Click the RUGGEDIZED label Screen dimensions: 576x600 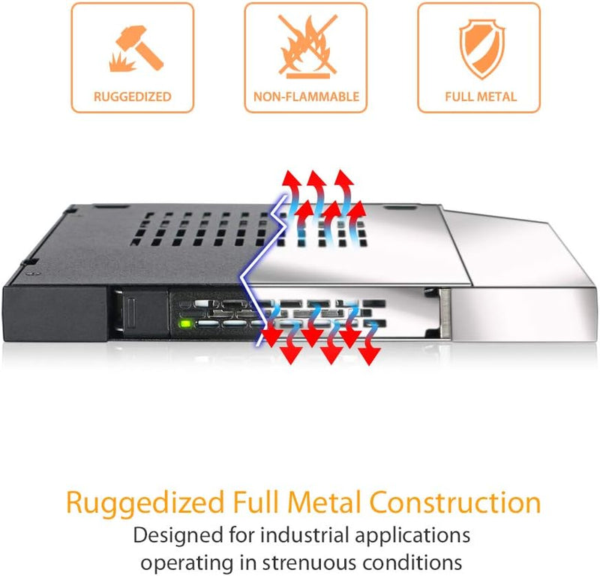(132, 97)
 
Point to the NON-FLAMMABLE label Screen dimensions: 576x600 (306, 97)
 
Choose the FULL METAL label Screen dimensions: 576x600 (480, 97)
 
